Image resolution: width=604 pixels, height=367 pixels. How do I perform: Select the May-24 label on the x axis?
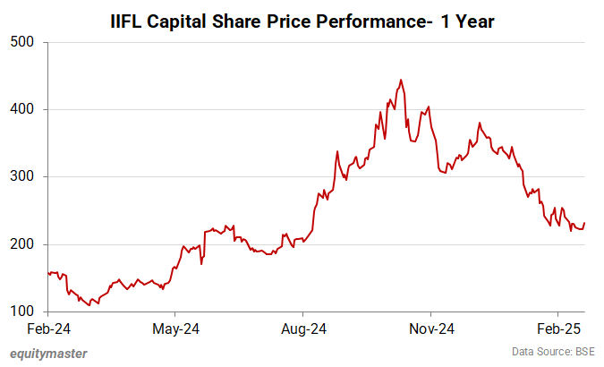pos(175,329)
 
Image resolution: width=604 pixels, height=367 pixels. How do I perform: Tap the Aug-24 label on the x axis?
pos(302,329)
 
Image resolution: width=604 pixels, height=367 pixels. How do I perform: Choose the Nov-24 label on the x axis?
pos(430,329)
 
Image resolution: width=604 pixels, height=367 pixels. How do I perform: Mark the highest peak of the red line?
pos(400,80)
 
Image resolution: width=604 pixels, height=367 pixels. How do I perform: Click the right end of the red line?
pos(584,223)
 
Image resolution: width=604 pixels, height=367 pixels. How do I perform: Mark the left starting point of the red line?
pos(47,273)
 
